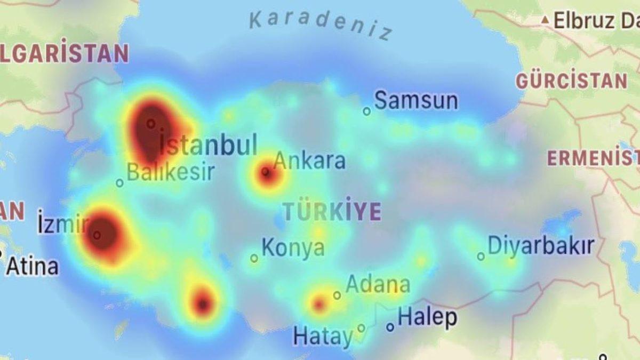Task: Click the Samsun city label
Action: click(x=416, y=100)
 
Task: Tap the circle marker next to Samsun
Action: click(x=367, y=111)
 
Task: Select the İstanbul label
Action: click(x=209, y=145)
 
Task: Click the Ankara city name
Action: click(x=309, y=161)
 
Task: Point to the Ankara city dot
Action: click(x=266, y=172)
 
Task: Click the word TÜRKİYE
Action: click(x=332, y=211)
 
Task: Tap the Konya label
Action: click(x=293, y=248)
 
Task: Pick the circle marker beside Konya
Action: click(x=254, y=258)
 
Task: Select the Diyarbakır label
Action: click(x=541, y=246)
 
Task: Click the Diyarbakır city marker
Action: click(x=481, y=257)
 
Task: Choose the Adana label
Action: click(x=378, y=285)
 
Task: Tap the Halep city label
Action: click(x=427, y=317)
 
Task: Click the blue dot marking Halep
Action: click(x=390, y=327)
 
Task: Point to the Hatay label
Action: click(x=323, y=337)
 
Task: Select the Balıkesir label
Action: click(x=171, y=172)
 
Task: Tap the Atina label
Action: click(x=32, y=266)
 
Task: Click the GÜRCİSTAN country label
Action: click(x=571, y=81)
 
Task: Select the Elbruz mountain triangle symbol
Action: click(x=545, y=20)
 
